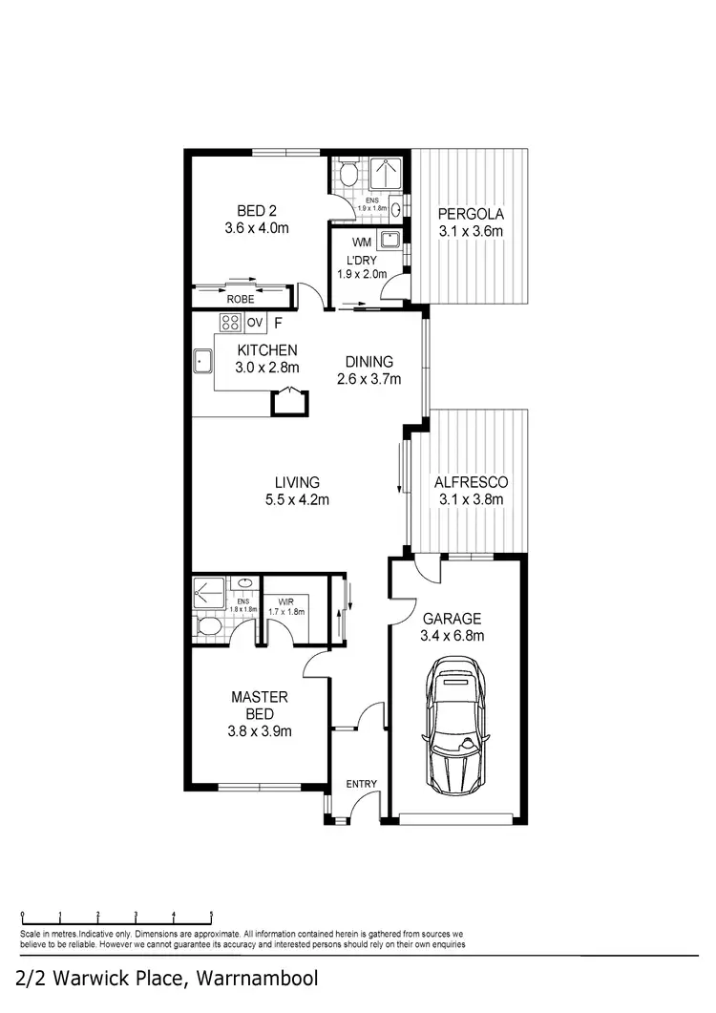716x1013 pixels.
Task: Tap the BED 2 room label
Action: [257, 212]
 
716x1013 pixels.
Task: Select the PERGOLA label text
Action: [470, 214]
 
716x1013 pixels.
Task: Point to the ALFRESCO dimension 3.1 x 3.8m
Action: [470, 498]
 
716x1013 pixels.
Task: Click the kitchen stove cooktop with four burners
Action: [232, 321]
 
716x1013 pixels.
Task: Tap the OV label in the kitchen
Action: [255, 322]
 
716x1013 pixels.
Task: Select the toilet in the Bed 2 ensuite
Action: [348, 174]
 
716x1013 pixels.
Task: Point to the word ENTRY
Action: [362, 784]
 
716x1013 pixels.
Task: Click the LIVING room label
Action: [298, 482]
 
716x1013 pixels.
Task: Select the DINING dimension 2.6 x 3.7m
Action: [369, 378]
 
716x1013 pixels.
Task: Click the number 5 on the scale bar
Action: [211, 914]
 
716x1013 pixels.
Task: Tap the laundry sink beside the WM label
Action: [390, 239]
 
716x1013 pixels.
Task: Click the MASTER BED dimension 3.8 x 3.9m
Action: [259, 731]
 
